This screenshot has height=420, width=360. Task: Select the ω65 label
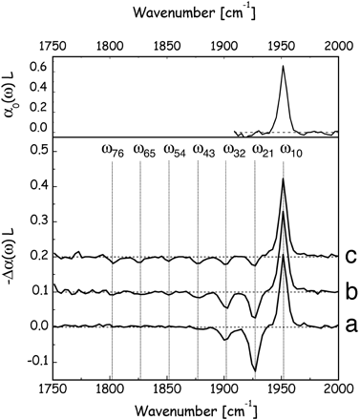tap(144, 150)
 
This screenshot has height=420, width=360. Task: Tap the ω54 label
tap(175, 150)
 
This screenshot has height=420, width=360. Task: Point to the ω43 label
tap(204, 150)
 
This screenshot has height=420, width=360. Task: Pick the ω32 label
tap(235, 150)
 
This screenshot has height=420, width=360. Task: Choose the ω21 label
tap(264, 150)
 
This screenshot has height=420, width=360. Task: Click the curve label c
tap(351, 256)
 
